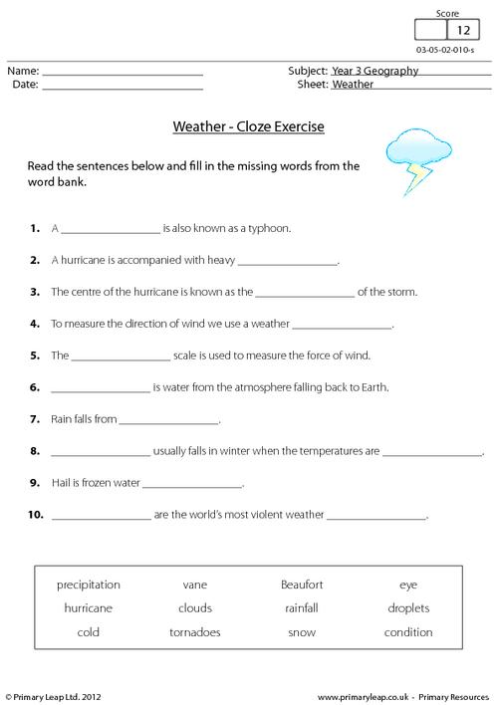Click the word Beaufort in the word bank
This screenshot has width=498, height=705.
pos(302,585)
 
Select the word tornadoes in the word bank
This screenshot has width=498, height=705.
pos(195,632)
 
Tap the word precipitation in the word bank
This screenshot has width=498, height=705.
pos(89,585)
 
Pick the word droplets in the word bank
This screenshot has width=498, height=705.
pos(408,608)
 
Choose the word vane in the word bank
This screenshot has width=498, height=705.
pos(195,585)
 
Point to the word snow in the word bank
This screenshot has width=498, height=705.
pos(302,632)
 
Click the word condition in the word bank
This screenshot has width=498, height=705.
pos(408,632)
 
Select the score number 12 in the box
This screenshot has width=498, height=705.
pos(463,31)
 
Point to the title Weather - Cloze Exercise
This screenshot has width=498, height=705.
pos(249,127)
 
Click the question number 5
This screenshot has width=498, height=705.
pos(35,354)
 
